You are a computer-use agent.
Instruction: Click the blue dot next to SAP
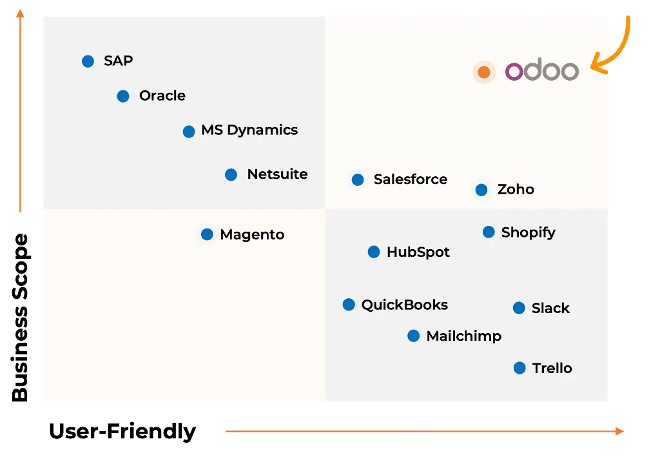[x=88, y=61]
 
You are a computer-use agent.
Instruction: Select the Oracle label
[x=162, y=96]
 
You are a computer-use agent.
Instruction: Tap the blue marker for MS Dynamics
[x=189, y=132]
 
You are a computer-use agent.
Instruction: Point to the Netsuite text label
[x=277, y=174]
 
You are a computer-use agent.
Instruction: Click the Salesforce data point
[x=358, y=179]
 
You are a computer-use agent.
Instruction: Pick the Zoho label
[x=516, y=189]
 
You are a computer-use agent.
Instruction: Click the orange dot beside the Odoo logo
[x=484, y=72]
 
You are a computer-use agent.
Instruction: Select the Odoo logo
[x=541, y=70]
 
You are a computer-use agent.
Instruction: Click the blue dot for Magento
[x=207, y=234]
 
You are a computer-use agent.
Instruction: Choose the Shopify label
[x=529, y=232]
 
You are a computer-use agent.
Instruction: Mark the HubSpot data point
[x=374, y=252]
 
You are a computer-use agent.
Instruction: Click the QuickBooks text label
[x=405, y=305]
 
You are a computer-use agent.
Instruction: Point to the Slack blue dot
[x=519, y=308]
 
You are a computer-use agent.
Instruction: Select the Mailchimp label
[x=464, y=336]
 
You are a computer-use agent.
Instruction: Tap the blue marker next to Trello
[x=520, y=368]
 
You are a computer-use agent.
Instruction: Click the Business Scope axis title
[x=20, y=317]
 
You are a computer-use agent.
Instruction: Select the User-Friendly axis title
[x=122, y=431]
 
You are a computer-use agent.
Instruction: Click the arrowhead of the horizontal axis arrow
[x=619, y=431]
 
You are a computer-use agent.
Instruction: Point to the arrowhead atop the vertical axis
[x=20, y=14]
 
